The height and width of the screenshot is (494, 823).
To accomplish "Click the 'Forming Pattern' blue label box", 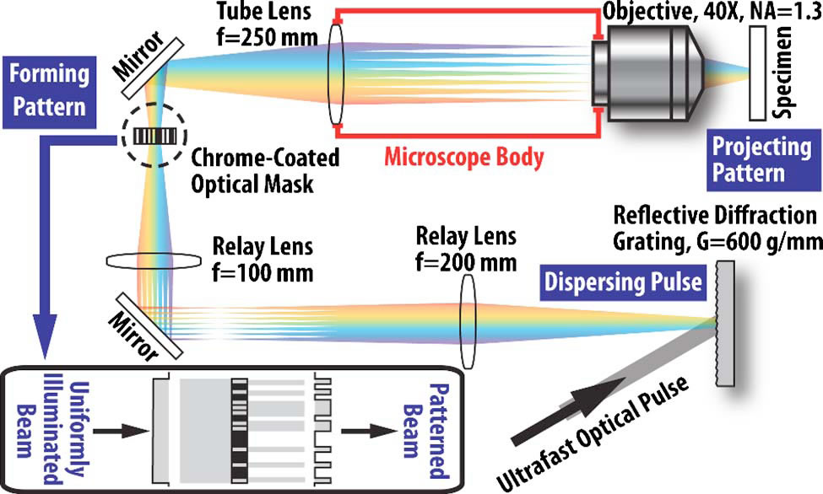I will coord(49,90).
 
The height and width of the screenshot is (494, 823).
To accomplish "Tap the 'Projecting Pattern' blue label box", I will coord(748,159).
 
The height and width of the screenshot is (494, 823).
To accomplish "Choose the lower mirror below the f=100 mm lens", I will coord(144,325).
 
